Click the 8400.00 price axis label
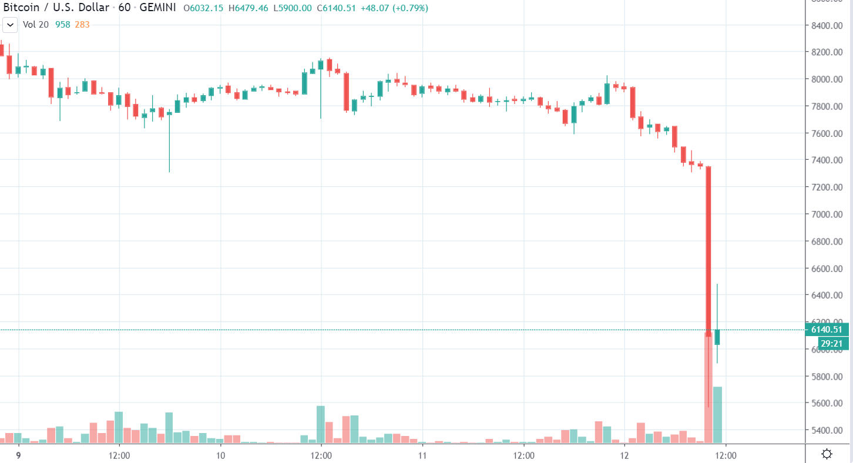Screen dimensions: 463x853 coord(827,25)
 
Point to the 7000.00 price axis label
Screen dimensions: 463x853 coord(827,214)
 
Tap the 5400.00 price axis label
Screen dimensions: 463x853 coord(827,431)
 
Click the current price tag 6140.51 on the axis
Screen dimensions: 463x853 coord(827,330)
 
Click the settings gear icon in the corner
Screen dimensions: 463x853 coord(827,454)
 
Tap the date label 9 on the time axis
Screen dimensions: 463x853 coord(19,455)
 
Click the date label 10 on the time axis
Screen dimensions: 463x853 coord(220,455)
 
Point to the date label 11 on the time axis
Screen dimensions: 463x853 coord(422,455)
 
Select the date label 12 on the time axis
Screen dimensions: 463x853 coord(624,455)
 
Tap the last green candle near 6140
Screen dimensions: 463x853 coord(717,337)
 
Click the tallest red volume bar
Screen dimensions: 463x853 coord(708,388)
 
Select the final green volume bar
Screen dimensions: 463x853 coord(717,414)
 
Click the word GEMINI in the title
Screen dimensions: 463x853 coord(158,8)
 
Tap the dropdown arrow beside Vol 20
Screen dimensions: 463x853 coord(10,25)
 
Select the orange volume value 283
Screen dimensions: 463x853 coord(82,25)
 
